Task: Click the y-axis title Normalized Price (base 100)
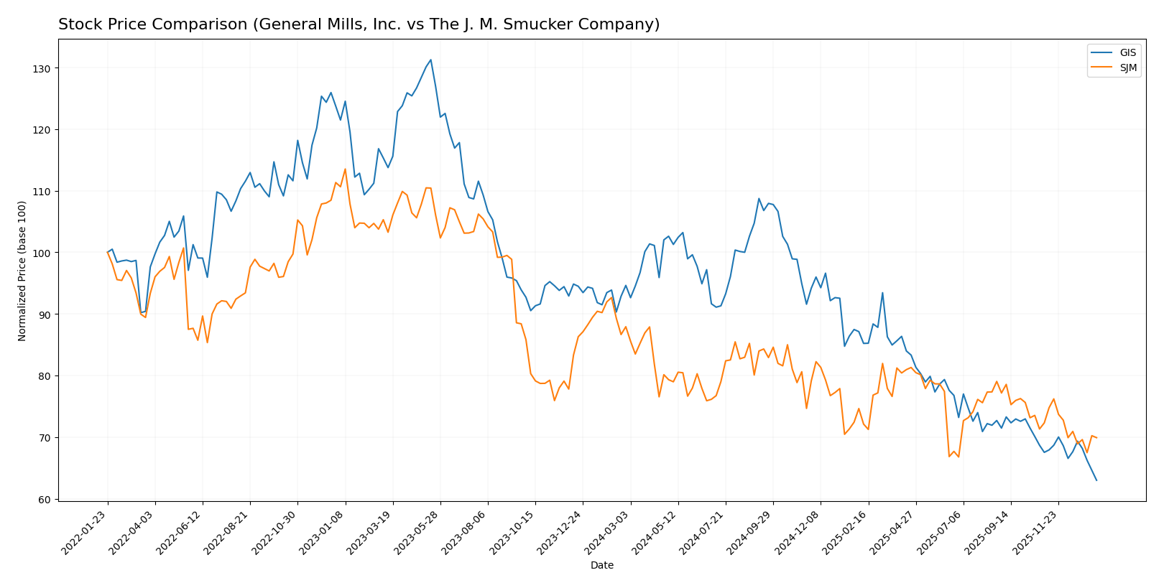pyautogui.click(x=22, y=271)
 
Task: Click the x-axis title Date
pyautogui.click(x=601, y=566)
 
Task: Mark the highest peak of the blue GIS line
pyautogui.click(x=430, y=60)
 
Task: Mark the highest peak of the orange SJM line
pyautogui.click(x=345, y=169)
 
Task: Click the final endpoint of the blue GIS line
pyautogui.click(x=1096, y=480)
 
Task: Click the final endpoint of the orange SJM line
pyautogui.click(x=1096, y=438)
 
